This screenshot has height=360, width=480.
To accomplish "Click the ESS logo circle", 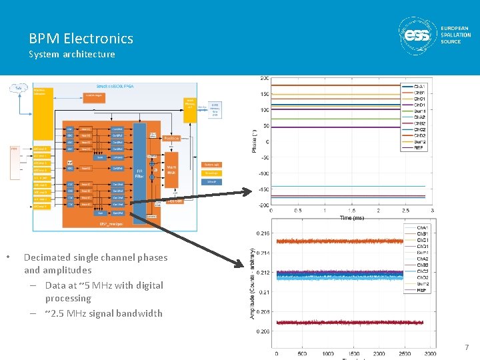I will pos(418,35).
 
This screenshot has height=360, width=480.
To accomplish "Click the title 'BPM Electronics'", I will pos(81,39).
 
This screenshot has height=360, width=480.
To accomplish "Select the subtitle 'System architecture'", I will pos(72,54).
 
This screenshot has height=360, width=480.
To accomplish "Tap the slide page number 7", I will pos(467,347).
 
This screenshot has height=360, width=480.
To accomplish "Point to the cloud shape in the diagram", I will pos(20,88).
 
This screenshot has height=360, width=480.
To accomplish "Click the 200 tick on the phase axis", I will pos(264,79).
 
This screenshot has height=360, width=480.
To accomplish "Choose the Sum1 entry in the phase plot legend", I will pos(420,111).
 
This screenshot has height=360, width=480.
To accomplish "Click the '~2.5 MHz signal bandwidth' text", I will pos(103,313).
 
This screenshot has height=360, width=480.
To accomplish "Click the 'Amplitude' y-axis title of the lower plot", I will pos(252,283).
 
